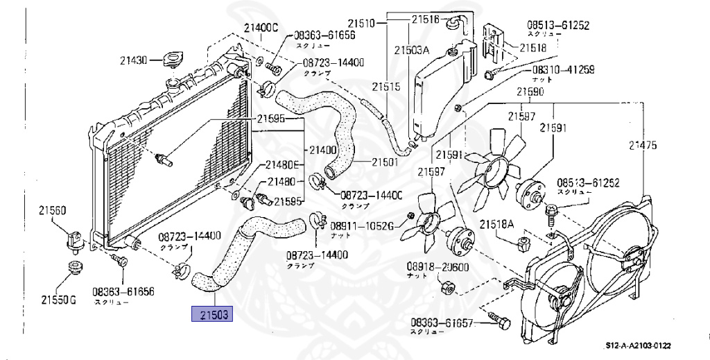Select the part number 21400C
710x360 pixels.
point(260,28)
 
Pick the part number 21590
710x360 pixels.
point(530,92)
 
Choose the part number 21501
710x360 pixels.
point(384,162)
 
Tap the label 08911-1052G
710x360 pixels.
point(361,225)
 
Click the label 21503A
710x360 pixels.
point(412,50)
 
